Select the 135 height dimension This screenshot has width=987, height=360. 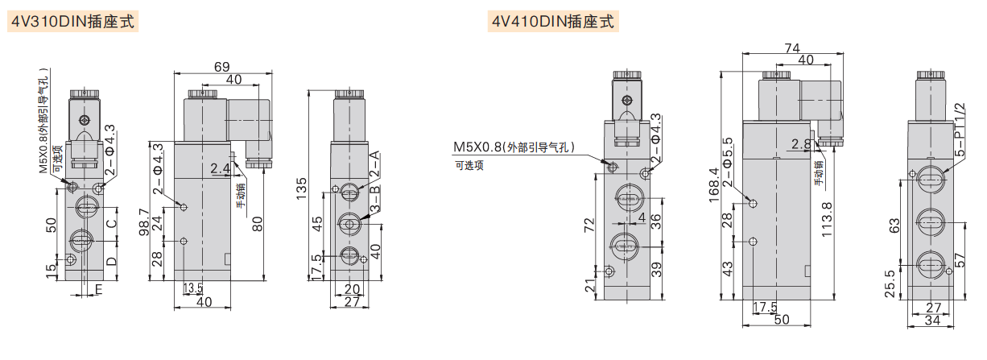coord(303,184)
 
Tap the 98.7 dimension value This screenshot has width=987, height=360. coord(143,223)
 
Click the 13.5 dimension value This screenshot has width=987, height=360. coord(192,288)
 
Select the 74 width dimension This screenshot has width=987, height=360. coord(793,48)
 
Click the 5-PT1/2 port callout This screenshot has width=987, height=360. coord(958,129)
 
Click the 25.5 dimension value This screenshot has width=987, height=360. coord(888,282)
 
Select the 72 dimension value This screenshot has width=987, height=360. coord(589,226)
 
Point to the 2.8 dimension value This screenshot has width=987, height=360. coord(800,144)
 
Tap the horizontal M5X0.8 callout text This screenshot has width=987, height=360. coord(514,147)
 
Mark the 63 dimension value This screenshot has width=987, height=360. coord(894,225)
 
